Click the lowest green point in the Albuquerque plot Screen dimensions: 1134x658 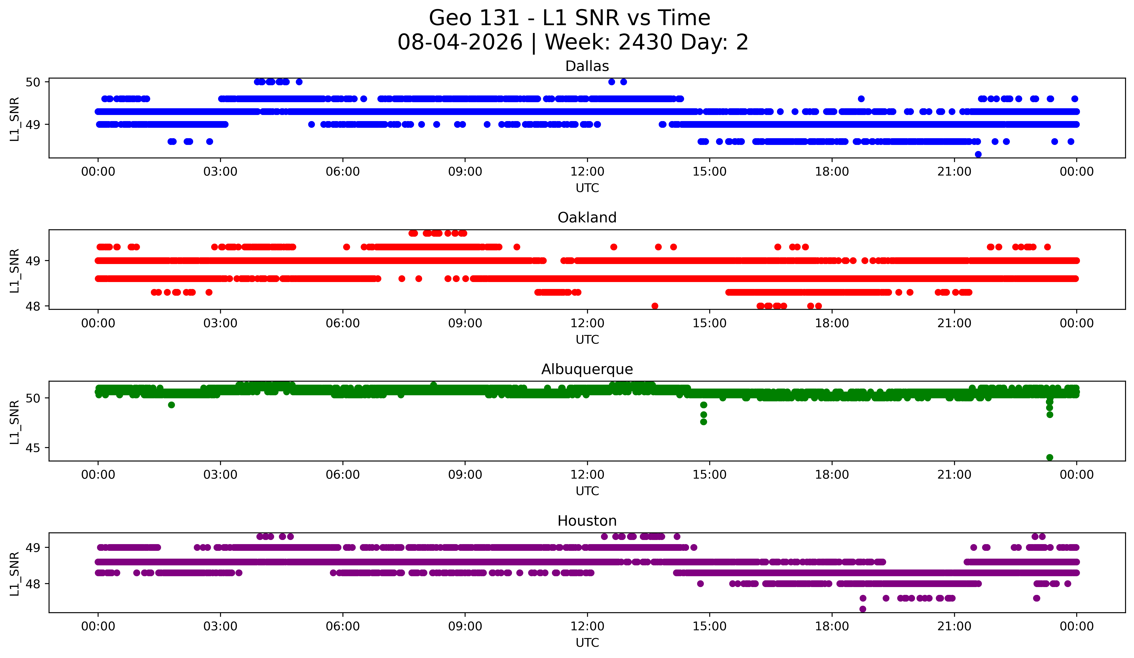coord(1050,457)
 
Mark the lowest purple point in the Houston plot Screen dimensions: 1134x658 coord(863,609)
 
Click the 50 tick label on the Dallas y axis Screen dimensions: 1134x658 coord(33,82)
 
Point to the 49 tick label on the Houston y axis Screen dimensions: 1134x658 coord(33,547)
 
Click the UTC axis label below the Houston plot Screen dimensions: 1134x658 coord(587,643)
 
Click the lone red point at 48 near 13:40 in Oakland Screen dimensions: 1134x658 coord(655,306)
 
